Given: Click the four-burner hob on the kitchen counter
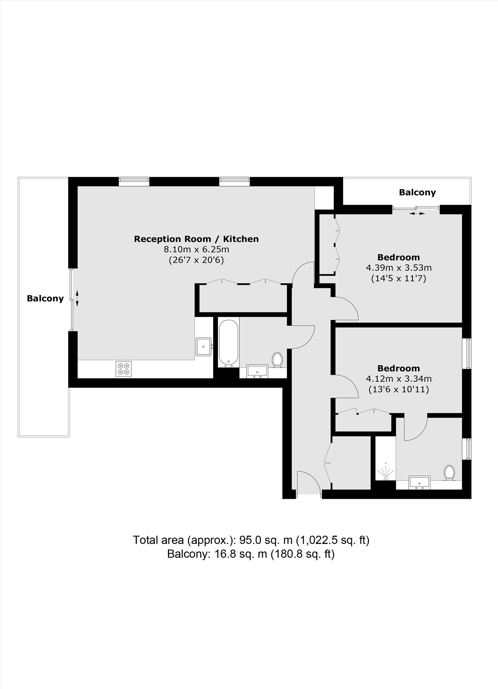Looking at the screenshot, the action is (123, 369).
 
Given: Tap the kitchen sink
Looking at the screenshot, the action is (204, 346).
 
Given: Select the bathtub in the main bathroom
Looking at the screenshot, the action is (228, 343).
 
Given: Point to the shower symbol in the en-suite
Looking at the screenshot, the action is (385, 471).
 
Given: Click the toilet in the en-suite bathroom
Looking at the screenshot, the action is (449, 472).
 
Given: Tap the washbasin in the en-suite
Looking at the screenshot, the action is (419, 482).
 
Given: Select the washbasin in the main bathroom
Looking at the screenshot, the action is (258, 371).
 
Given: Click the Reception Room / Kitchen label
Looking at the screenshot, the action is (196, 239).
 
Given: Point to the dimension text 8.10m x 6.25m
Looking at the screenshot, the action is (197, 249).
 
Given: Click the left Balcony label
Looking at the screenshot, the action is (45, 298).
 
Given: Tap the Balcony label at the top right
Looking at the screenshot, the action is (417, 192).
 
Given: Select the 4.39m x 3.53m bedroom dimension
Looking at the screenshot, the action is (399, 268).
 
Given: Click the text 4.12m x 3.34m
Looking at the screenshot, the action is (399, 379).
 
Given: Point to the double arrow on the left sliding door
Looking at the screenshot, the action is (77, 298).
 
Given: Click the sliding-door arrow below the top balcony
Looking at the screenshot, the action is (417, 214).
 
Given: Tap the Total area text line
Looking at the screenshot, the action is (251, 540).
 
